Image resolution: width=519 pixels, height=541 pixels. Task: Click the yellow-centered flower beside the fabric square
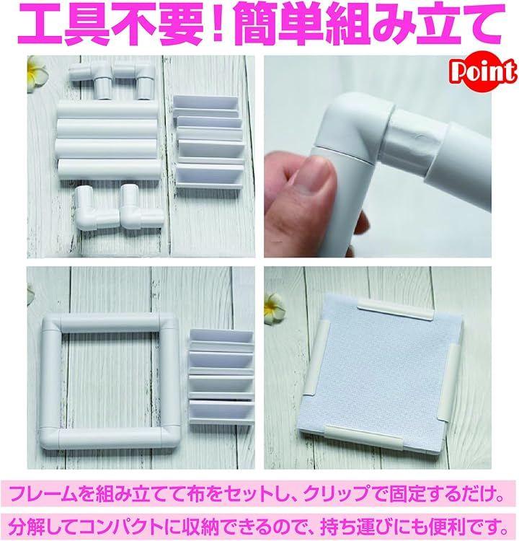pyautogui.click(x=275, y=309)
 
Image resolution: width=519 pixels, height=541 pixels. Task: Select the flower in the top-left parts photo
pyautogui.click(x=35, y=74)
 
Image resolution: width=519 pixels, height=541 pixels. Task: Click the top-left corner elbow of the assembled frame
pyautogui.click(x=54, y=327)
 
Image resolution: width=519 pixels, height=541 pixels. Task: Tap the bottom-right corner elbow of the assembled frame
pyautogui.click(x=169, y=437)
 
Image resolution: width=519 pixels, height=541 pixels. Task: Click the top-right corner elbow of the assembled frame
pyautogui.click(x=169, y=325)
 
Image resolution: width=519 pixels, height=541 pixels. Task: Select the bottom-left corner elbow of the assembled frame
pyautogui.click(x=49, y=438)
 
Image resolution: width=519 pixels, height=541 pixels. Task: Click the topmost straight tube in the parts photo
pyautogui.click(x=107, y=110)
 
